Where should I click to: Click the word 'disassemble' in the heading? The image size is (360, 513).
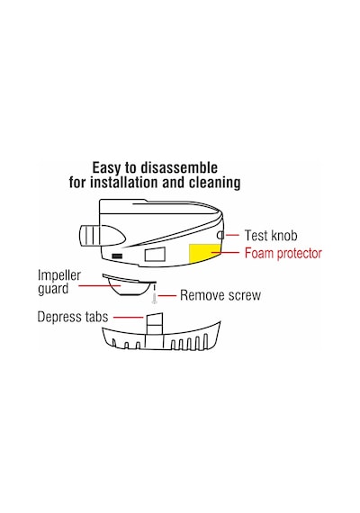(x=179, y=167)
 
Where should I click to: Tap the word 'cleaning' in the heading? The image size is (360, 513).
(x=214, y=183)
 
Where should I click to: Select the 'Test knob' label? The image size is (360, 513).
(x=271, y=236)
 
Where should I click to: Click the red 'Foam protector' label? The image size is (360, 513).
(x=283, y=254)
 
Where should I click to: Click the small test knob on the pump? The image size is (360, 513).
(x=220, y=235)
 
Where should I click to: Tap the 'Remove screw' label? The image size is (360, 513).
(x=220, y=295)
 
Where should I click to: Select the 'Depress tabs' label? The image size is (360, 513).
(x=73, y=317)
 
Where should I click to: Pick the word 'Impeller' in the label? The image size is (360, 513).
(x=59, y=275)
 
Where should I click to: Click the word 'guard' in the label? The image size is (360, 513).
(x=53, y=289)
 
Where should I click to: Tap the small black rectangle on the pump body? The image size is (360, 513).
(x=117, y=256)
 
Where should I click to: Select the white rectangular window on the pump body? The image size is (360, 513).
(x=155, y=254)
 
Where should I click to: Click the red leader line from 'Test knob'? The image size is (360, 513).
(x=232, y=235)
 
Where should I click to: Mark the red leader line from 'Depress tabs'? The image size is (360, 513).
(x=128, y=318)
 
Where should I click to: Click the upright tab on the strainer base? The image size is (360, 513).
(x=155, y=324)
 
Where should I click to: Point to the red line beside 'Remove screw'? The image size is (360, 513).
(x=167, y=296)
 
